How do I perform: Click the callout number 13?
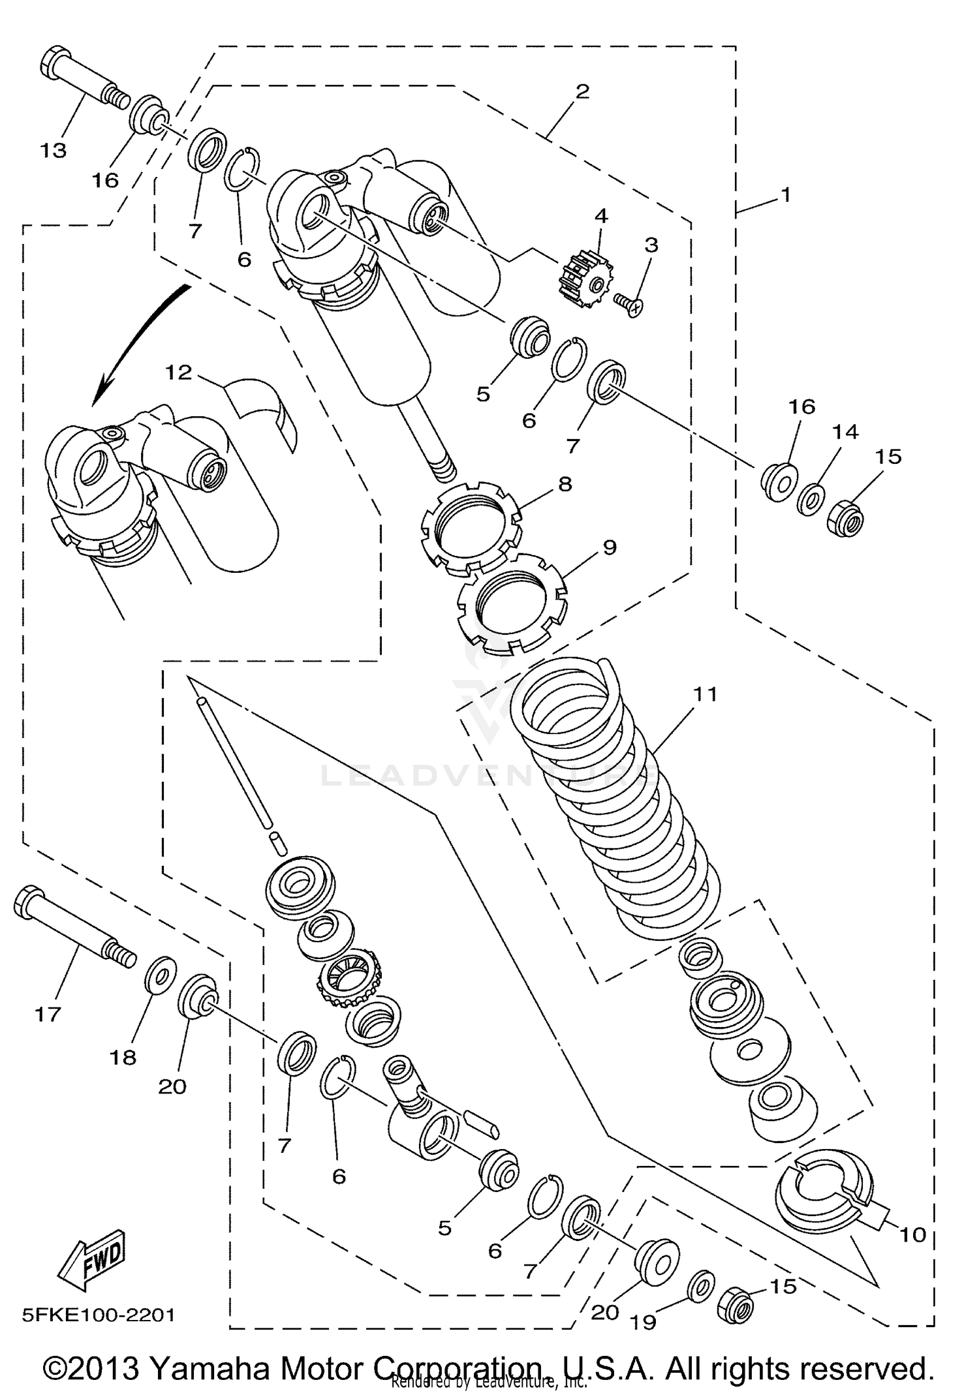tap(54, 151)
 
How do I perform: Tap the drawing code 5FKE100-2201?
tap(99, 1315)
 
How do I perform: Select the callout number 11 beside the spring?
tap(705, 694)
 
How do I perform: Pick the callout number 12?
tap(178, 373)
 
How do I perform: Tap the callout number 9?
tap(609, 547)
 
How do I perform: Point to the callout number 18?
tap(123, 1057)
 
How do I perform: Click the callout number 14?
tap(845, 431)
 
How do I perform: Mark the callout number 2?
tap(582, 91)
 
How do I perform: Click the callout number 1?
tap(786, 194)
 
